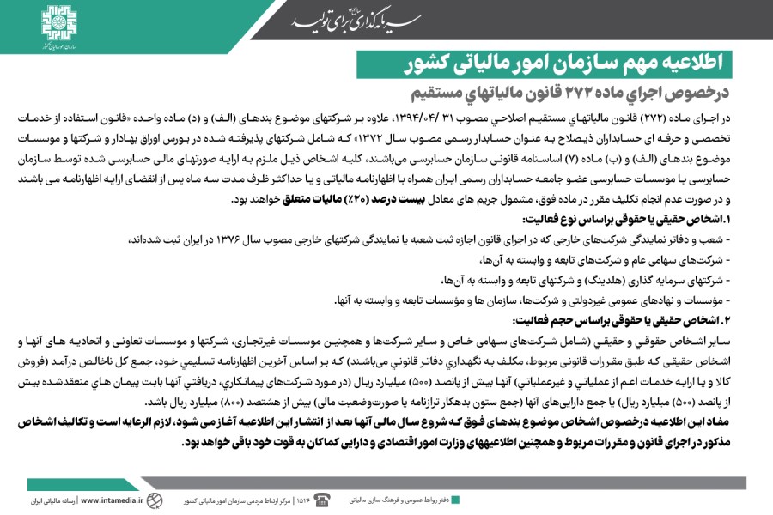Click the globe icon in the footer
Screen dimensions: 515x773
tap(154, 500)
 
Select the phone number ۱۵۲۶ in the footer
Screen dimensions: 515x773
tap(302, 500)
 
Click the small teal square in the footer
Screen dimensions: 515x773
tap(454, 499)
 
